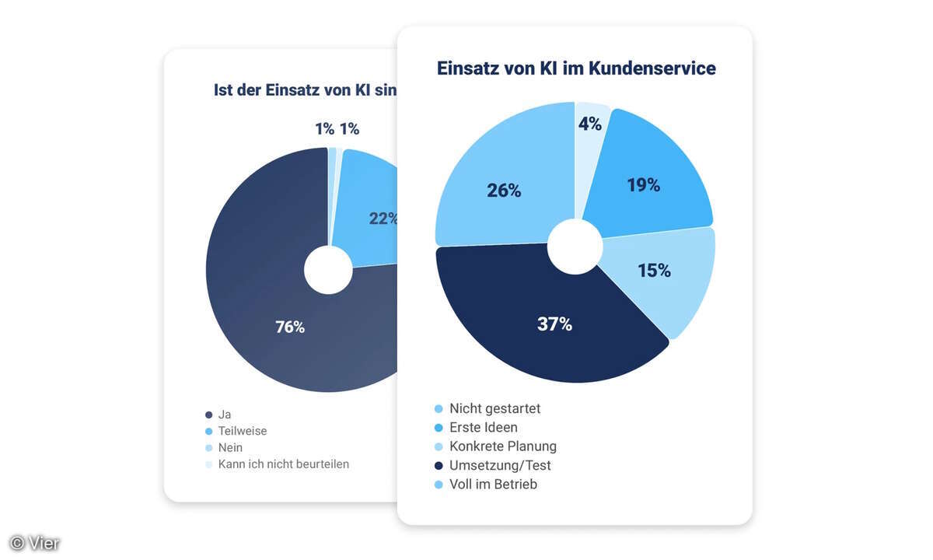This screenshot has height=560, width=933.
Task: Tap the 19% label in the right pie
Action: tap(643, 185)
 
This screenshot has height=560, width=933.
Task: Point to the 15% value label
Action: tap(654, 271)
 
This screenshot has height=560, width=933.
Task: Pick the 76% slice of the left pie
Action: tap(290, 327)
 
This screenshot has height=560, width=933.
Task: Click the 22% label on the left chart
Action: tap(383, 219)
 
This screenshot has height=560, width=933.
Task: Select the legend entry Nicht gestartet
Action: tap(494, 408)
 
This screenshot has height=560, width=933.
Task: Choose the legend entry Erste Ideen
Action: tap(483, 427)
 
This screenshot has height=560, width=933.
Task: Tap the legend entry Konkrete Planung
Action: tap(502, 446)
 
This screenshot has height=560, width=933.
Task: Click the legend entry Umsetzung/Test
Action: tap(499, 465)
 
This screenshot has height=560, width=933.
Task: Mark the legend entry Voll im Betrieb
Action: tap(493, 484)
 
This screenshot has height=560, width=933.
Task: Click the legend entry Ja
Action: tap(225, 415)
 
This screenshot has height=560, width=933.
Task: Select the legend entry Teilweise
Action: tap(242, 431)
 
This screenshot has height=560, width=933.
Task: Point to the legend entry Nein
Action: tap(230, 447)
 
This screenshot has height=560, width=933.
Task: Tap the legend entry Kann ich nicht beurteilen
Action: tap(283, 464)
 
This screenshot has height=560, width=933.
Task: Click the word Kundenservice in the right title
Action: tap(652, 68)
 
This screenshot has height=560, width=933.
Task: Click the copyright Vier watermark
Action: tap(35, 543)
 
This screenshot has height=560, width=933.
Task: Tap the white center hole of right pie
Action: tap(575, 247)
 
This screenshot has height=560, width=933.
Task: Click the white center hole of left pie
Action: tap(328, 270)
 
